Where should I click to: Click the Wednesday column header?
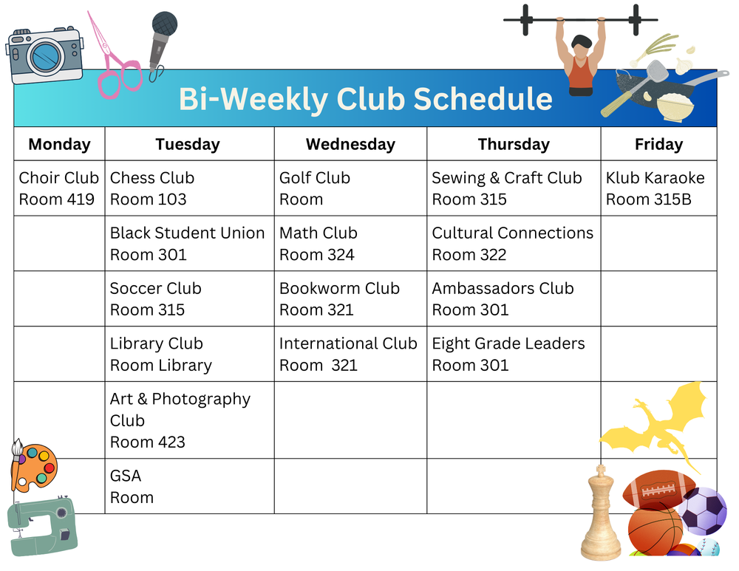350,144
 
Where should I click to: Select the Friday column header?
658,144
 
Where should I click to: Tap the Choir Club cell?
58,188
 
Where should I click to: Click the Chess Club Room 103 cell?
189,188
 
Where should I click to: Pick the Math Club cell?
350,244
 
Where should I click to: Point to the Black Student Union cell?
189,244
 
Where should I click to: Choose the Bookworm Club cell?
350,299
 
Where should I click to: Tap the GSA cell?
189,486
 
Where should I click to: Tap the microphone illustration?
161,41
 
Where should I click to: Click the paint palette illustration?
34,467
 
